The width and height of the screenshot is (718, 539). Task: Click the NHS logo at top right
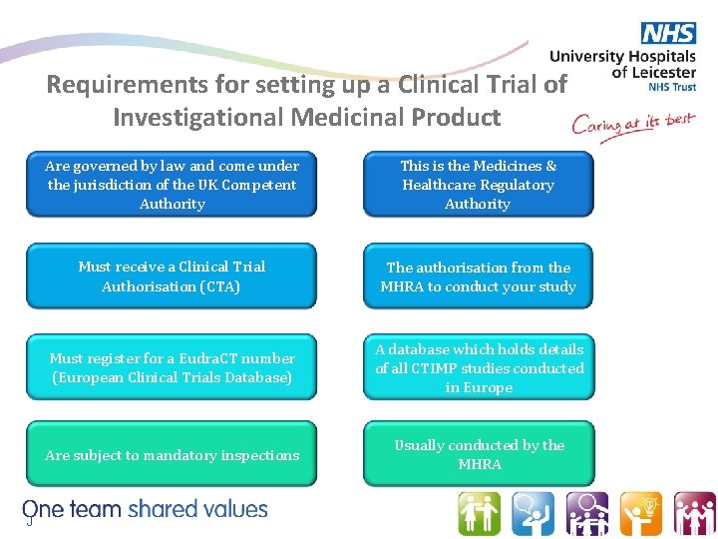pos(669,33)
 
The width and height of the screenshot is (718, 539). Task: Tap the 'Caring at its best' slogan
pos(631,127)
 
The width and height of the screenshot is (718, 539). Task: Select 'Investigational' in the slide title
pos(199,117)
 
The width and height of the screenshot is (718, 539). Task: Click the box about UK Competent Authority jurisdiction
pos(172,185)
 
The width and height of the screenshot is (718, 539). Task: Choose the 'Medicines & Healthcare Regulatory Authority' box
pos(478,185)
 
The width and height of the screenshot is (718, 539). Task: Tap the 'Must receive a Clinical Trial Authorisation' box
pos(172,276)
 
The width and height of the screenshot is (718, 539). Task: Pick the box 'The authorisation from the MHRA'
pos(478,276)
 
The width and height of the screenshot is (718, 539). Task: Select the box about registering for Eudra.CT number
pos(172,367)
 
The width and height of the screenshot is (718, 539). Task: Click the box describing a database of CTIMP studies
pos(479,367)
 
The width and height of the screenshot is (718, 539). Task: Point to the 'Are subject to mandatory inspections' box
pos(172,455)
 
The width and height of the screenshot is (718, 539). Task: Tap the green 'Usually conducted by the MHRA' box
pos(479,455)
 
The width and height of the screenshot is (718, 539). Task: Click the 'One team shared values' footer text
pos(146,509)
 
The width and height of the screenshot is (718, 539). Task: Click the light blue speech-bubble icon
pos(533,513)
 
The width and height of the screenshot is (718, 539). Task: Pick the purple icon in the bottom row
pos(586,513)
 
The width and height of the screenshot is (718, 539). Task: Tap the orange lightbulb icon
pos(640,513)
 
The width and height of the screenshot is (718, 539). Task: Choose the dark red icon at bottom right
pos(693,513)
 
